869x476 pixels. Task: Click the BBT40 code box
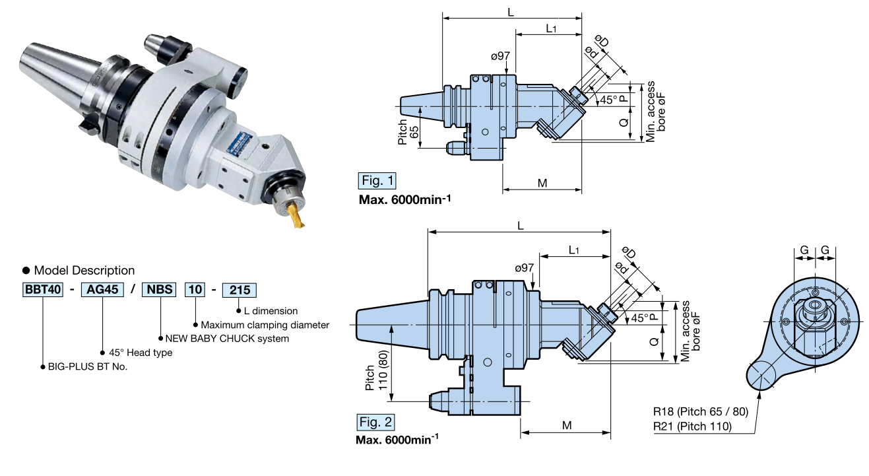click(x=43, y=290)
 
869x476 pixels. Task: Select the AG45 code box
click(x=102, y=290)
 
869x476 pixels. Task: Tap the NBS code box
click(x=160, y=290)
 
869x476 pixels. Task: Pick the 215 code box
click(x=238, y=290)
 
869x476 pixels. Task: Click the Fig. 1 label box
click(x=377, y=180)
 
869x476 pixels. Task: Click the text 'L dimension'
click(x=271, y=310)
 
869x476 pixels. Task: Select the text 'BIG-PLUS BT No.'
click(x=88, y=366)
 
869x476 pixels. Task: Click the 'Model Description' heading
click(x=84, y=270)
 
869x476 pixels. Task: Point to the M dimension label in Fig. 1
click(x=542, y=183)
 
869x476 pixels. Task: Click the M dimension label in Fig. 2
click(x=566, y=425)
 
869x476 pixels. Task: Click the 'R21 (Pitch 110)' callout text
click(x=692, y=426)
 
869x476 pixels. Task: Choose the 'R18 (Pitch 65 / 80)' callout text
click(x=701, y=412)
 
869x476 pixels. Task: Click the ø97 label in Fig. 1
click(x=500, y=56)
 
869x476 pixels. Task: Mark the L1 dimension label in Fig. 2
click(x=573, y=250)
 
